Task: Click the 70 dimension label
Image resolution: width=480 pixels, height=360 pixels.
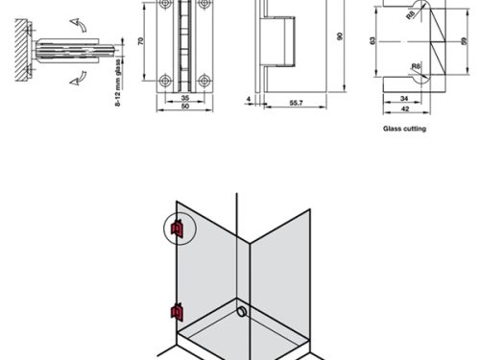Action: [x=141, y=41]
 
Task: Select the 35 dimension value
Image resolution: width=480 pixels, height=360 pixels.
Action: [x=185, y=98]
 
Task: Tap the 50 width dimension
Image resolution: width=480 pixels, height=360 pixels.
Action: [x=185, y=106]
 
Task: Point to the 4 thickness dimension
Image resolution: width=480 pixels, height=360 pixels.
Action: [x=249, y=99]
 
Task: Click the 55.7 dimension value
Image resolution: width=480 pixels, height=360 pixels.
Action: [x=296, y=103]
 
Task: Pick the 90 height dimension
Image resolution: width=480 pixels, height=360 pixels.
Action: [x=340, y=36]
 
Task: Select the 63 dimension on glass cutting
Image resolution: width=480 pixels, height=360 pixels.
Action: [x=372, y=40]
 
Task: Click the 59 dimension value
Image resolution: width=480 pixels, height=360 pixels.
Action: [x=465, y=41]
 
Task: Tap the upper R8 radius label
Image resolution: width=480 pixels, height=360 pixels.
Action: [x=411, y=14]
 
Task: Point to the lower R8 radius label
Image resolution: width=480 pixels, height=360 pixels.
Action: [x=416, y=66]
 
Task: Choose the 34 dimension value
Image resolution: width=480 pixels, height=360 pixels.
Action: [x=404, y=98]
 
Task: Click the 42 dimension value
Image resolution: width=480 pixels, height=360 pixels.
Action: [x=405, y=108]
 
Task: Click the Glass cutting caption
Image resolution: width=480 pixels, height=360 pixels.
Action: [x=404, y=129]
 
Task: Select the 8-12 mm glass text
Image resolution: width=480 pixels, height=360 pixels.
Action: [x=118, y=83]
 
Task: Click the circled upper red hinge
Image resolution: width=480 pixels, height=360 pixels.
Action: [x=177, y=228]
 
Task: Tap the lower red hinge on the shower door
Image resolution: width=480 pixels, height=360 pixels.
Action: [x=177, y=312]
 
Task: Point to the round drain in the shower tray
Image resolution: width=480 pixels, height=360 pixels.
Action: [x=242, y=312]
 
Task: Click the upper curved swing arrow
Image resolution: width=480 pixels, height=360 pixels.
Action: [x=78, y=25]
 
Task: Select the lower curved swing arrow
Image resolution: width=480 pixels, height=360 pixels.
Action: [x=78, y=79]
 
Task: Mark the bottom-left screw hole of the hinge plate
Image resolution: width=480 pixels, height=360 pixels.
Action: [x=165, y=81]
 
